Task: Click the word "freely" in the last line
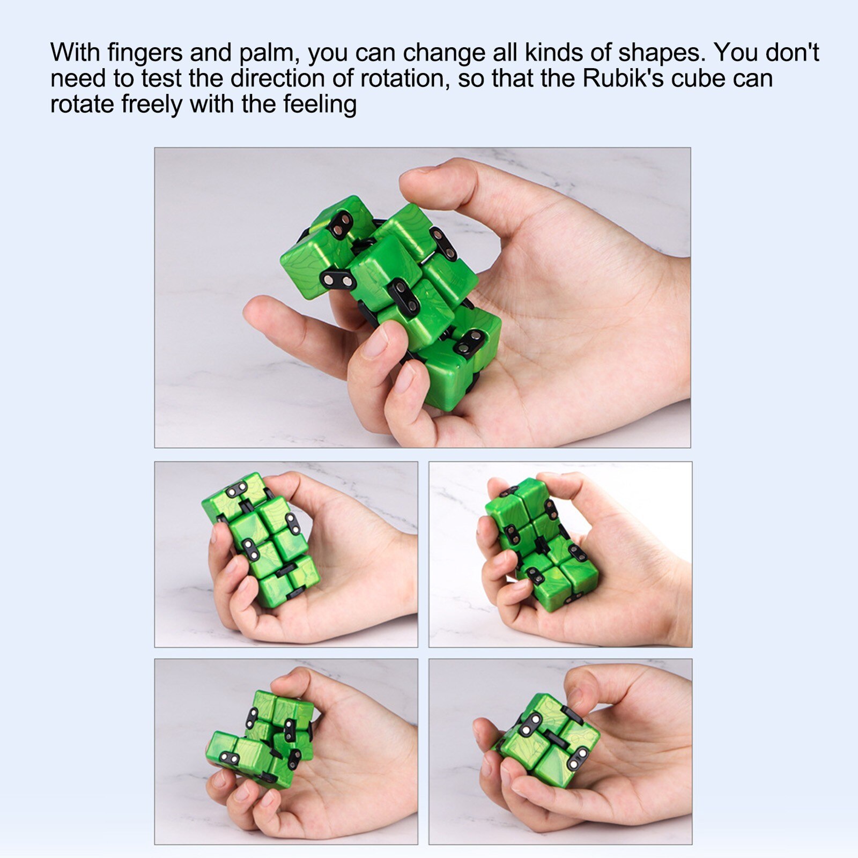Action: (152, 104)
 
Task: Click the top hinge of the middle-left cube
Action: (236, 489)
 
